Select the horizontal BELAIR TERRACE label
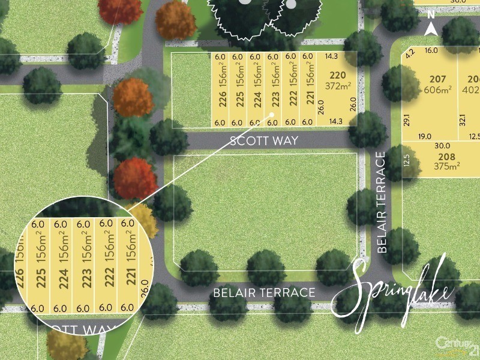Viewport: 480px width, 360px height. tap(265, 293)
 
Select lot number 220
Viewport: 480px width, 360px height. tap(338, 76)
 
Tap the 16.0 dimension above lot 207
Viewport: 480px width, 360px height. tap(431, 51)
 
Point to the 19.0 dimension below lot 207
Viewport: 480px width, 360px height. tap(425, 136)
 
